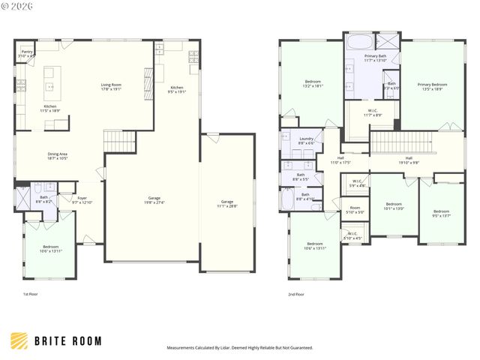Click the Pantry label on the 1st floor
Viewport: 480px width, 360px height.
[x=27, y=53]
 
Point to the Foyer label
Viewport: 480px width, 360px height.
[x=82, y=199]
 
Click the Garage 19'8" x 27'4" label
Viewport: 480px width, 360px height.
[x=153, y=200]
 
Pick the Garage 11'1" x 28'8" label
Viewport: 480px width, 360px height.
[x=227, y=203]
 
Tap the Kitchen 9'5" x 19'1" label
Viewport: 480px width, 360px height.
[x=177, y=89]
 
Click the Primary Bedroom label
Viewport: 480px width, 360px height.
[x=430, y=86]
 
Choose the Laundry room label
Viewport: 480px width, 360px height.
[x=306, y=140]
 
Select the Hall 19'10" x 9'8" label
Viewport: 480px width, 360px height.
[x=408, y=160]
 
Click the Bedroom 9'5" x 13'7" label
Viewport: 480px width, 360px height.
[x=442, y=213]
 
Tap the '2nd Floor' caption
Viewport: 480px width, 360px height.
[x=296, y=295]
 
